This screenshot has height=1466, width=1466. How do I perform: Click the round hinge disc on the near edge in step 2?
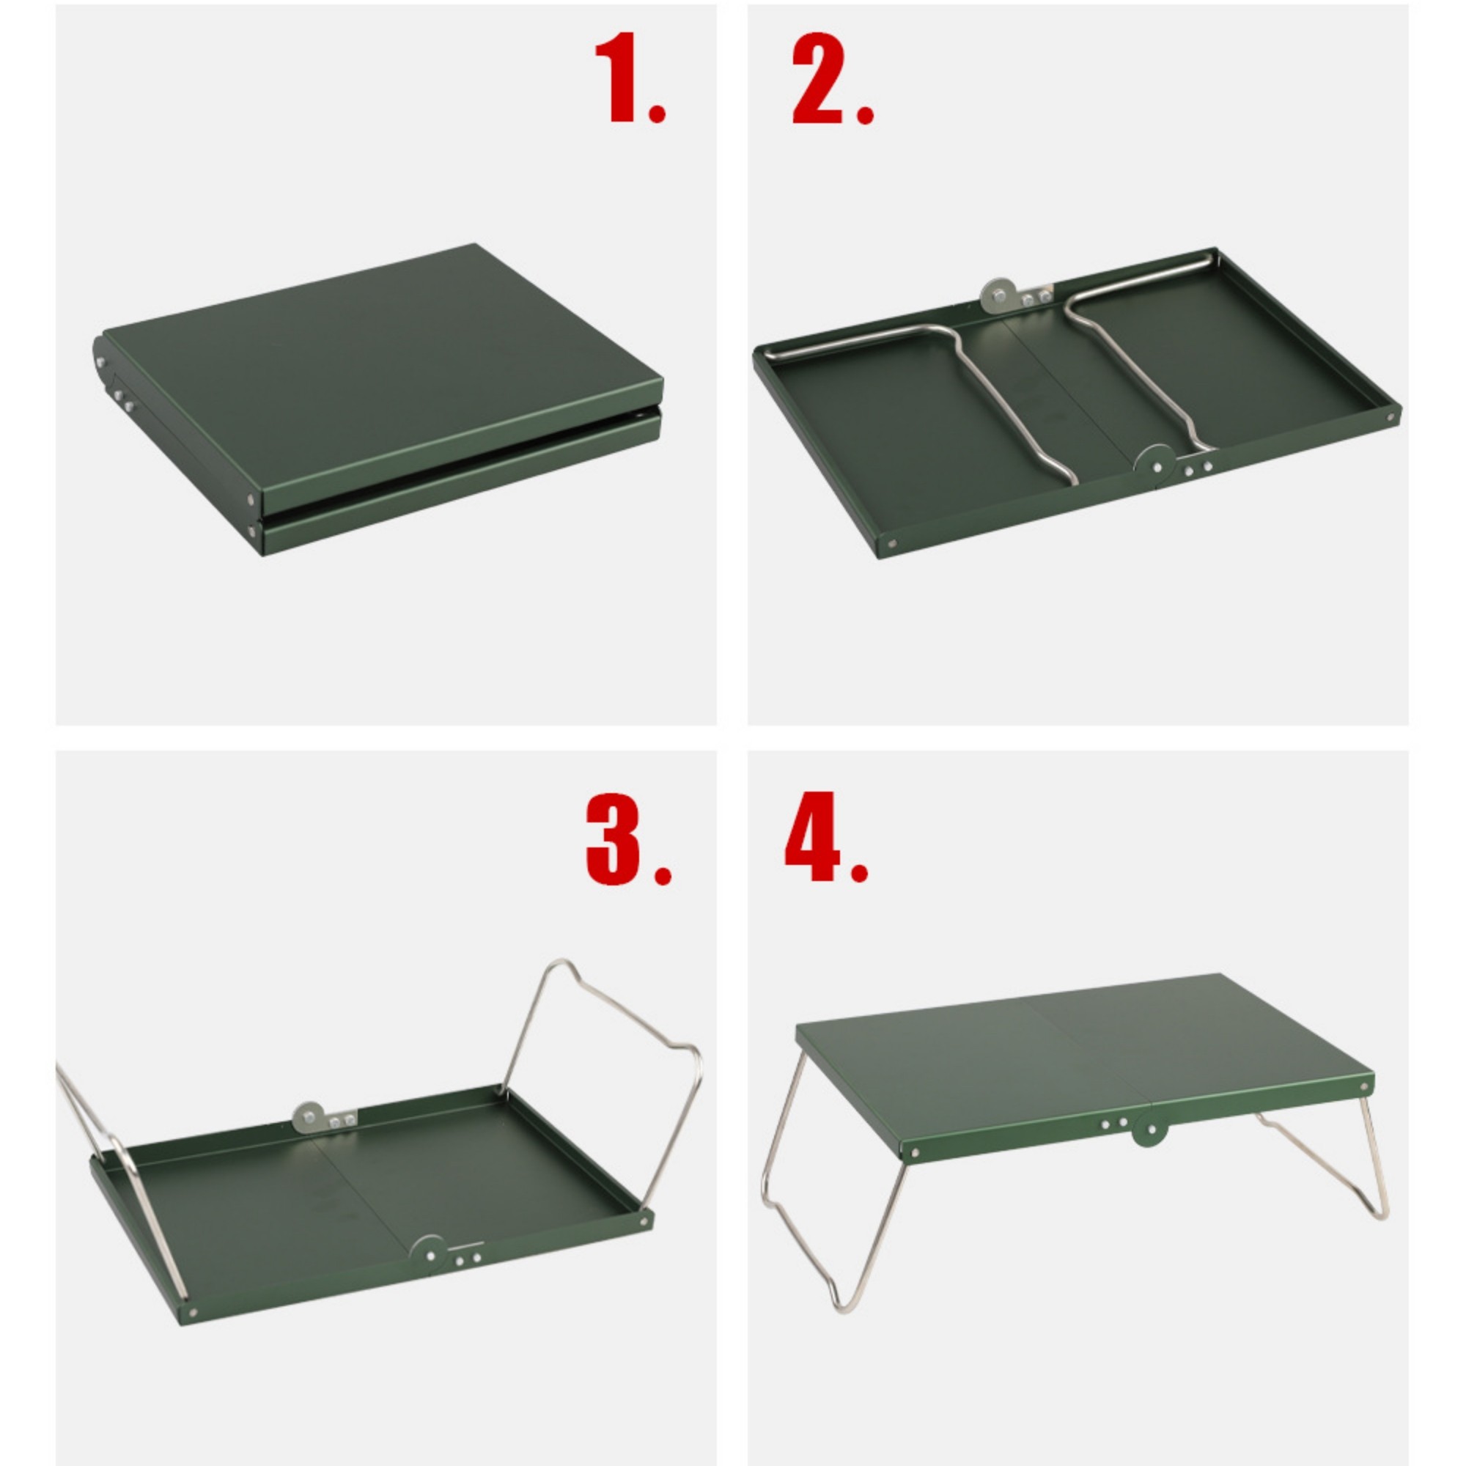pyautogui.click(x=1154, y=464)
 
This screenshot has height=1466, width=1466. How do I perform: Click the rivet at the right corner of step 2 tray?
pyautogui.click(x=1391, y=417)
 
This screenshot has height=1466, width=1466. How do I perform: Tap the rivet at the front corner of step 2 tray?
pyautogui.click(x=892, y=543)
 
